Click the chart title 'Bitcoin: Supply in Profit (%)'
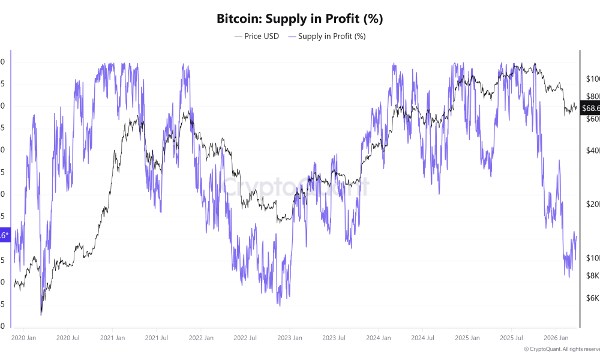point(299,19)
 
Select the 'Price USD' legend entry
point(256,36)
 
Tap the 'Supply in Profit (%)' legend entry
point(327,36)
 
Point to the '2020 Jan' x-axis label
point(23,338)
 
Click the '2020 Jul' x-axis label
point(68,338)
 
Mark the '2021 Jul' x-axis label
point(156,338)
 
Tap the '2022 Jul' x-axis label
point(245,338)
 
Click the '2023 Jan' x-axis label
point(289,338)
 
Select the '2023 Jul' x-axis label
point(334,338)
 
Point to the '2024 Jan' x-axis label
point(378,338)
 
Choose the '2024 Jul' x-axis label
point(422,338)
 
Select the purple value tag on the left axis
point(4,235)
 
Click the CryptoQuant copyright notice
point(561,349)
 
